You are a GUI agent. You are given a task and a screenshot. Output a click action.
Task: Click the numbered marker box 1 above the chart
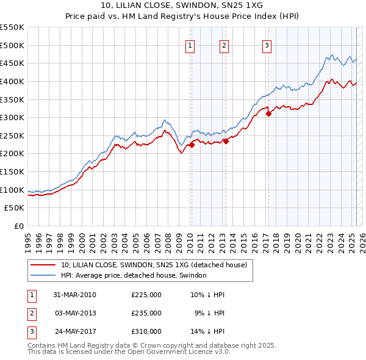[x=190, y=45]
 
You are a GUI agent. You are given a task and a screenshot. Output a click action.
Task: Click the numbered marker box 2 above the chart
[x=224, y=45]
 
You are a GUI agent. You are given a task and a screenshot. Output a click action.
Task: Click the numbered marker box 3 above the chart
[x=267, y=45]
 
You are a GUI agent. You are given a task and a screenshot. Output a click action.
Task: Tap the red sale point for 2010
[x=191, y=145]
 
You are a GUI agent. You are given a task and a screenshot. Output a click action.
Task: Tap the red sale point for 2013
[x=225, y=141]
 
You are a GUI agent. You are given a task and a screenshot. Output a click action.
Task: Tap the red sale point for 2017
[x=268, y=113]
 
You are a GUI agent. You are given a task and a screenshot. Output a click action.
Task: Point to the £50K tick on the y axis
[x=15, y=208]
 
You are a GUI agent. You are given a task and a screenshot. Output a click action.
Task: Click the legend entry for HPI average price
[x=134, y=275]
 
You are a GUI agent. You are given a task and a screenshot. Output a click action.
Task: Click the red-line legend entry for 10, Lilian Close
[x=153, y=265]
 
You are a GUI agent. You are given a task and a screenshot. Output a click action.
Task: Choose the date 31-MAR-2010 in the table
[x=74, y=295]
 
